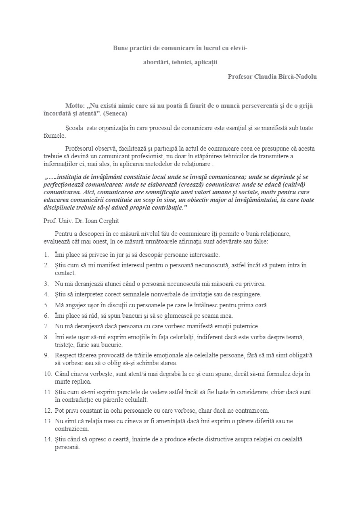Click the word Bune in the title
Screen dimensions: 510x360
point(120,48)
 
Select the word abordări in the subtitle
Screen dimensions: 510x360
point(155,62)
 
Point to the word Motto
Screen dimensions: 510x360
point(74,106)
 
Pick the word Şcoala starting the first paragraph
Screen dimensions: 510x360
point(74,128)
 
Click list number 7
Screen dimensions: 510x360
point(46,326)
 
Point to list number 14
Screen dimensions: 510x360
point(48,439)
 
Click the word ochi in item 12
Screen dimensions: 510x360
point(120,411)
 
